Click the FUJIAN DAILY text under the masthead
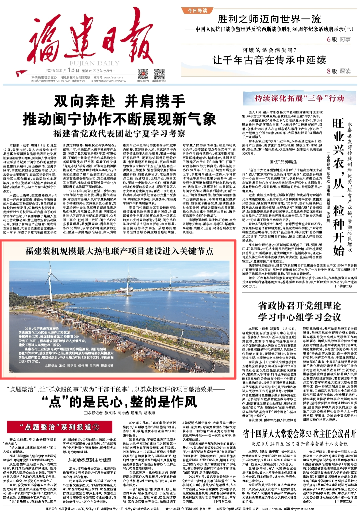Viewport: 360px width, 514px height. point(94,63)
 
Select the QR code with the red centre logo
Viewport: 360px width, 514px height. point(143,74)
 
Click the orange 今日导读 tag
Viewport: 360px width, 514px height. point(197,10)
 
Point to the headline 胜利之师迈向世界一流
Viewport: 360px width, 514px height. point(269,19)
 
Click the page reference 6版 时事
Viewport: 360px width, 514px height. point(338,39)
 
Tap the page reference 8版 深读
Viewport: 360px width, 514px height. point(338,71)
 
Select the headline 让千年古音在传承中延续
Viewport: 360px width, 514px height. point(269,60)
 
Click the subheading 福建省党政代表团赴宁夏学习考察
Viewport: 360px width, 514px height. point(119,133)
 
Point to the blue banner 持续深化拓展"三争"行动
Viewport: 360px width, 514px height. point(299,98)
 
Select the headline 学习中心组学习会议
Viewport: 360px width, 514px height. point(299,317)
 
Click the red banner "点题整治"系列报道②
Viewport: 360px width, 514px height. point(59,427)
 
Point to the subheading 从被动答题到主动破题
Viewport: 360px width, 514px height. point(89,460)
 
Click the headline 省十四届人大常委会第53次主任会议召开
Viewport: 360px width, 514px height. point(299,434)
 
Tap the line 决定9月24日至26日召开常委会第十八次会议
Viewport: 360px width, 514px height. point(299,444)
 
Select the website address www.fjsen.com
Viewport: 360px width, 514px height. point(114,77)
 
